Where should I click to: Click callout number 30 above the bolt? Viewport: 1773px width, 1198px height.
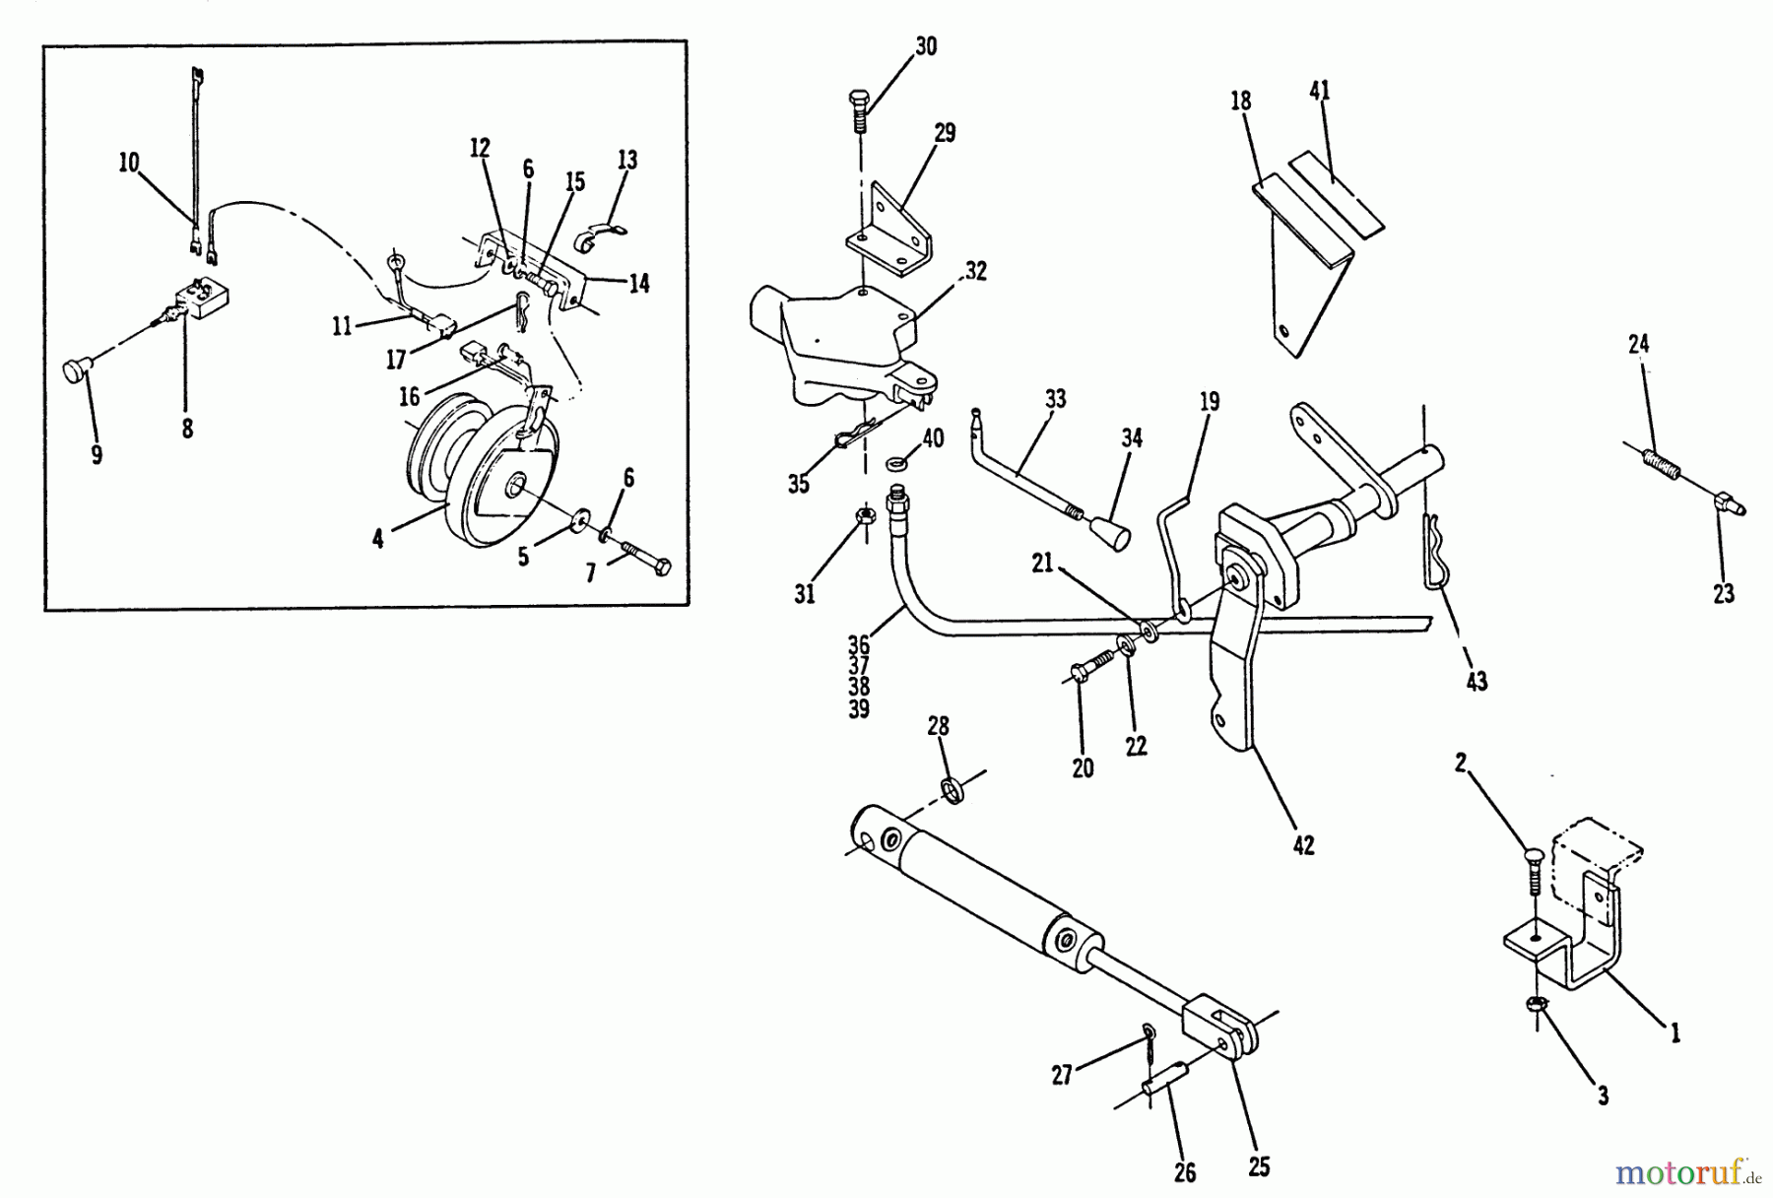[925, 46]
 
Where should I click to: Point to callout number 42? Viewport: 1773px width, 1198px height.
[1303, 846]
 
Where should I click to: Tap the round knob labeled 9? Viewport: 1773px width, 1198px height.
[77, 372]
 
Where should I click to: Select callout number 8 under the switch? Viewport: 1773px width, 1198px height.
[187, 430]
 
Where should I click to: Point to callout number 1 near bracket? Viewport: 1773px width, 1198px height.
[1674, 1032]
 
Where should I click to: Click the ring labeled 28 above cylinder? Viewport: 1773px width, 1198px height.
[952, 788]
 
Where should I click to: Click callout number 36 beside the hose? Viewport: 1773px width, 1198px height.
[859, 645]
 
